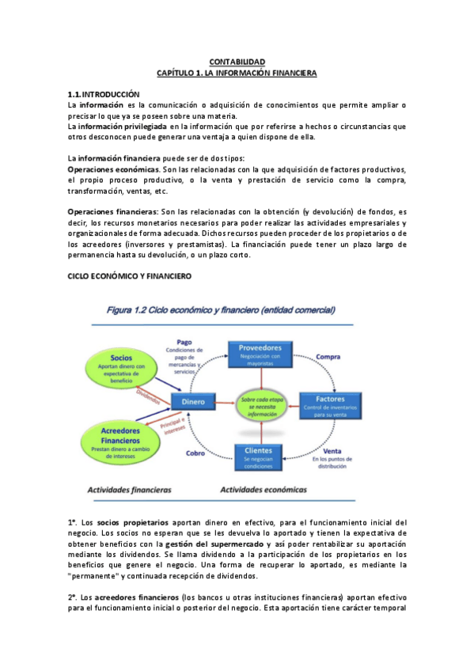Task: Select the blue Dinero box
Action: (x=193, y=402)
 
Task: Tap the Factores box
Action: (x=329, y=404)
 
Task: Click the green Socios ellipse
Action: (x=121, y=366)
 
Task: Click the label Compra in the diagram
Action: (x=328, y=357)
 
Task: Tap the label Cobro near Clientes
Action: (x=195, y=453)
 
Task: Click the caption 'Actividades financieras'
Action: (x=129, y=490)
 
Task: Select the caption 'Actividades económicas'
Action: (x=264, y=490)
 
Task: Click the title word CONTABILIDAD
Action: (x=237, y=62)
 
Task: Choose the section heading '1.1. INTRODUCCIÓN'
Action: (x=103, y=93)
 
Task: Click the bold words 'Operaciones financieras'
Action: (x=112, y=212)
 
